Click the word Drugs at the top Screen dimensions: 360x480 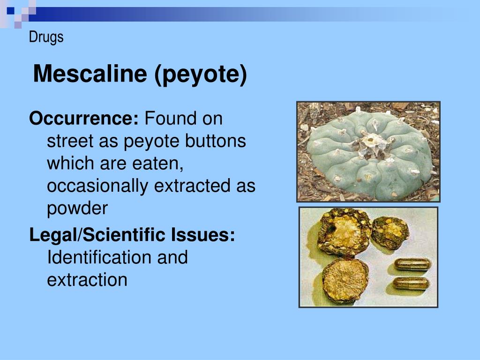pos(46,37)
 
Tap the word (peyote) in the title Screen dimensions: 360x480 pos(201,75)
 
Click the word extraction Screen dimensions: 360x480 pos(87,280)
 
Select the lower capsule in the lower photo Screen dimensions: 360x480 pos(411,283)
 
